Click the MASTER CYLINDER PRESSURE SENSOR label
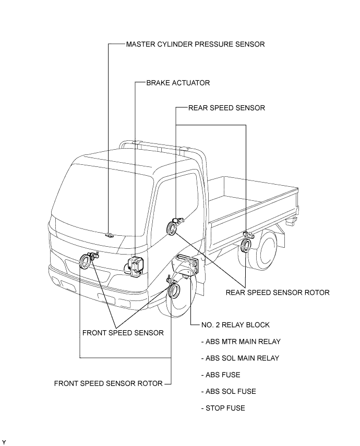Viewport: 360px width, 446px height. pos(195,44)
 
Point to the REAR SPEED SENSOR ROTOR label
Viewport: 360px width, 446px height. pos(278,292)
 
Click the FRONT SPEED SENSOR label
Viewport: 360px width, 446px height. pos(123,332)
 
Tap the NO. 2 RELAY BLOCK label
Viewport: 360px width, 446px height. pos(235,324)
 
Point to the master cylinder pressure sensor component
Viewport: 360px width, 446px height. pos(109,234)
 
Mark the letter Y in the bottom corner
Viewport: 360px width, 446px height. pos(4,442)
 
